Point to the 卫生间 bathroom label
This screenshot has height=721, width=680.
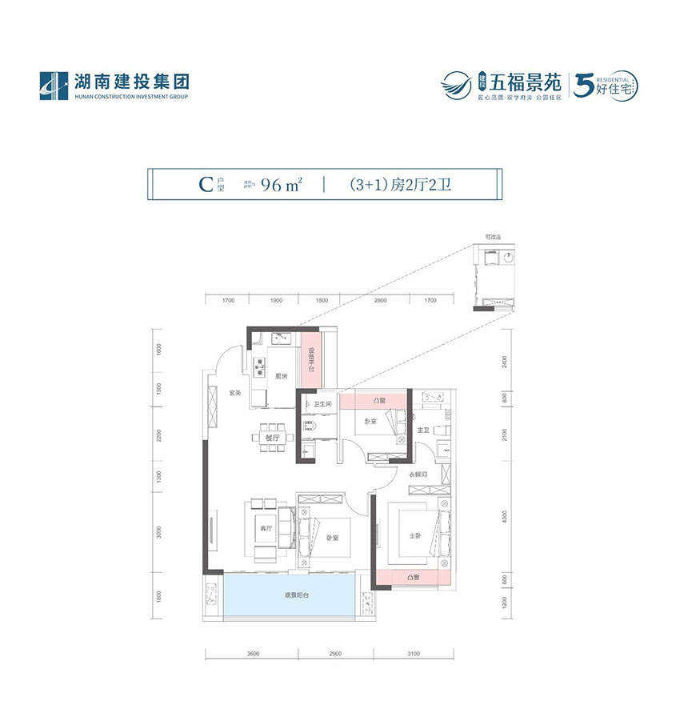pyautogui.click(x=322, y=404)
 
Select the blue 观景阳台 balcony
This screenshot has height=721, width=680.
pyautogui.click(x=286, y=595)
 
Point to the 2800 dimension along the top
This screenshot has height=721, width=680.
pyautogui.click(x=380, y=301)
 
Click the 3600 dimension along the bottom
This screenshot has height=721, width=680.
pyautogui.click(x=254, y=655)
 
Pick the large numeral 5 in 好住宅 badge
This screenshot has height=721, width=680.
pyautogui.click(x=584, y=82)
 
